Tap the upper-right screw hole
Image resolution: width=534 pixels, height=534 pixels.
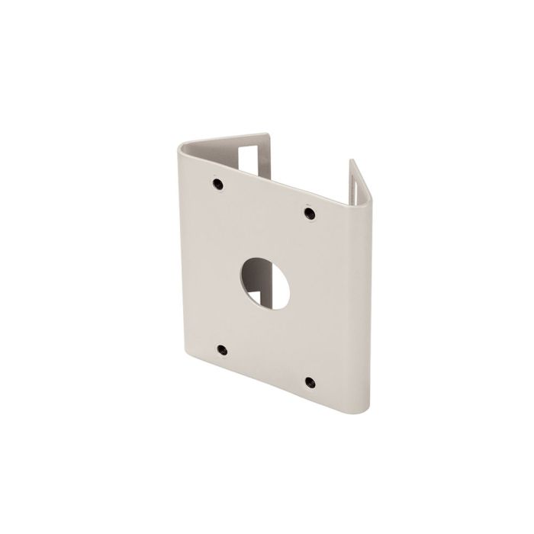309,213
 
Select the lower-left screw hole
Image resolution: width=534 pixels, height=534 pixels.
222,350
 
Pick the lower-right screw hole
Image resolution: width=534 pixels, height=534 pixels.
310,381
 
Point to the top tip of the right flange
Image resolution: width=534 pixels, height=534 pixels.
352,161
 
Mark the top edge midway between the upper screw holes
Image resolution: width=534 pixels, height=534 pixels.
263,175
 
